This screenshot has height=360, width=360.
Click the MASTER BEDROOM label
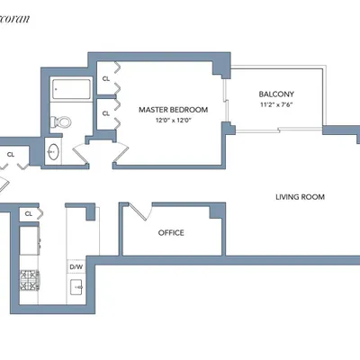point(173,110)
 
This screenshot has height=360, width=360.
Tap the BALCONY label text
point(275,94)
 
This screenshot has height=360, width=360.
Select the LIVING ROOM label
point(300,197)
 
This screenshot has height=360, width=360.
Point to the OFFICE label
point(171,232)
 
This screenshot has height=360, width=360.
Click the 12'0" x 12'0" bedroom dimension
point(173,120)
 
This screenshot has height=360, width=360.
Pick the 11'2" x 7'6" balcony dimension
point(275,104)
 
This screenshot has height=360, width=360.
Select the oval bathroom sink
point(52,152)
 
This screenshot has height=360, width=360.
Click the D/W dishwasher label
point(76,267)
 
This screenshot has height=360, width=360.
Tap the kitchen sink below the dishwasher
point(76,289)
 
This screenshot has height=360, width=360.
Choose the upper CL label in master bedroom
point(106,79)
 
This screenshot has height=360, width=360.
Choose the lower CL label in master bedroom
point(106,113)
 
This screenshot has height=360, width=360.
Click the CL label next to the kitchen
point(29,213)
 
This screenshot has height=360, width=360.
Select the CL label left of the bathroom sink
point(12,155)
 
